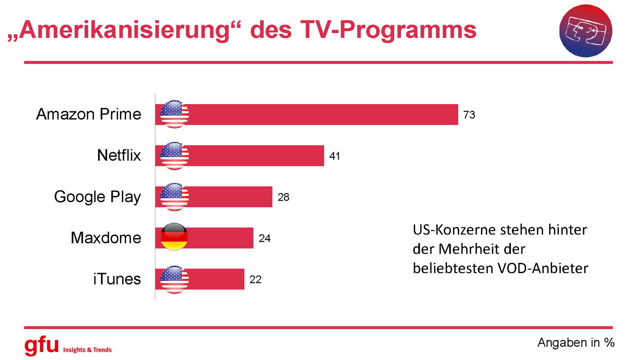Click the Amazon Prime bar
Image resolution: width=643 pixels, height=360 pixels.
[321, 114]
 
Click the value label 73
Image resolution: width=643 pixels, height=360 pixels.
[469, 115]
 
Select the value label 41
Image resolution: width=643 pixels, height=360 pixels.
[334, 156]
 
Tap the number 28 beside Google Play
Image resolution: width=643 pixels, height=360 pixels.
[283, 197]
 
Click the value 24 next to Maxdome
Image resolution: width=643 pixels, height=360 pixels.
[264, 238]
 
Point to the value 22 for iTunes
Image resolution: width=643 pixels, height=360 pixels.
[255, 279]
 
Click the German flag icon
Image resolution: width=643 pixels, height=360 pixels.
[174, 237]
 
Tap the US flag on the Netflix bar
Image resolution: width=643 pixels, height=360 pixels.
[174, 156]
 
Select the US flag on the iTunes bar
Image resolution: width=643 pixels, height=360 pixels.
[174, 279]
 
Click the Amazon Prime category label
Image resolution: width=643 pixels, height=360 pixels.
[89, 114]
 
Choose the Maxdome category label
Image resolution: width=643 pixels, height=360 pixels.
[106, 238]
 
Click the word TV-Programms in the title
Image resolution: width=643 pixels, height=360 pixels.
[388, 30]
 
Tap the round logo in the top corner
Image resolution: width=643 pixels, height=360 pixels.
[586, 31]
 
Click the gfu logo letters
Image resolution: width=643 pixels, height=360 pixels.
[41, 345]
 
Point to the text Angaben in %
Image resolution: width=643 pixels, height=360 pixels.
[576, 343]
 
